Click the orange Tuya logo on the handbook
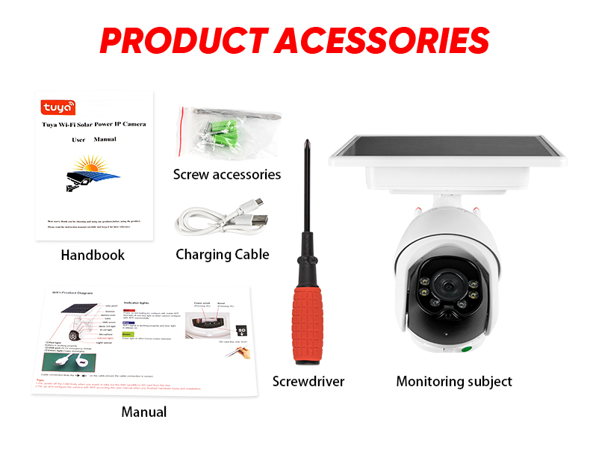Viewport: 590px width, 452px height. coord(58,108)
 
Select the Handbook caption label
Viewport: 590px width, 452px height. coord(93,255)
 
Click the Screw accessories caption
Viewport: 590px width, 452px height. coord(227,174)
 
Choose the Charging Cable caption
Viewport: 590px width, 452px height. coord(223,255)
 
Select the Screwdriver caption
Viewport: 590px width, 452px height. coord(308,381)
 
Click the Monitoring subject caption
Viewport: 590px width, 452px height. coord(454,381)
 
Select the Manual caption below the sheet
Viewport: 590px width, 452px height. coord(144,412)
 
